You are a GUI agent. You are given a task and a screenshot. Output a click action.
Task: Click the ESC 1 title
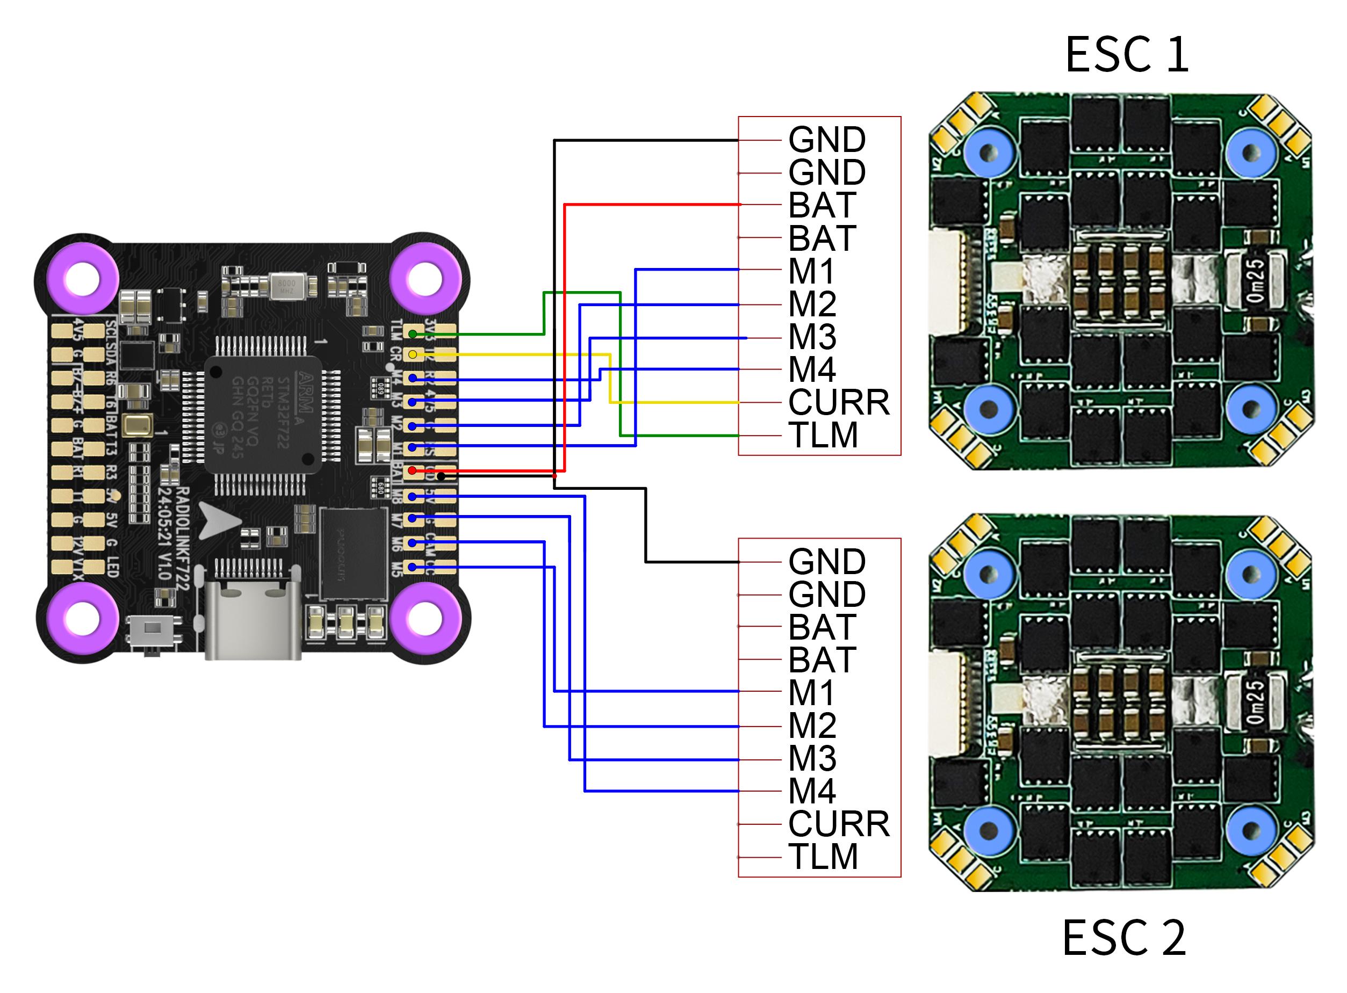(1127, 55)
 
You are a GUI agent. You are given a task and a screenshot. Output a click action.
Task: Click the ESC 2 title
(1124, 937)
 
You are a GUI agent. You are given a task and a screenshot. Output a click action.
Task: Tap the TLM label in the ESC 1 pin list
(823, 435)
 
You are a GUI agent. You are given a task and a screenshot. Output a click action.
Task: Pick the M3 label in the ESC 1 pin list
(812, 337)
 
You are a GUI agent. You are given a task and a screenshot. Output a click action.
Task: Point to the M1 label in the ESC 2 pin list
(812, 692)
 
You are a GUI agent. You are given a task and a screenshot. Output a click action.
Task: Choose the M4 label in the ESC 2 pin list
(812, 791)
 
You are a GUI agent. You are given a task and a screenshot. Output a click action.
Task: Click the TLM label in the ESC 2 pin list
(823, 857)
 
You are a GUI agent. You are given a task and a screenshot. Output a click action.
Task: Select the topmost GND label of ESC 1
(827, 140)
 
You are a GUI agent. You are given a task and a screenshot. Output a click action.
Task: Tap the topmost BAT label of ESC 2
(822, 627)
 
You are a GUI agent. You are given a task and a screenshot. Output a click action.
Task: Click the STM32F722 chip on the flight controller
(262, 414)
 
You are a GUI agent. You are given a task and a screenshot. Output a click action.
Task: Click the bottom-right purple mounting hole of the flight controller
(426, 619)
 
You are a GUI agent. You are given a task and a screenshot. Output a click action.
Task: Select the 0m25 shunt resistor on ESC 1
(1256, 281)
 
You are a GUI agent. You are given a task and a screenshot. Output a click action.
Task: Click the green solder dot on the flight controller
(413, 334)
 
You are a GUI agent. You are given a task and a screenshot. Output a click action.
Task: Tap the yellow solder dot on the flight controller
(413, 354)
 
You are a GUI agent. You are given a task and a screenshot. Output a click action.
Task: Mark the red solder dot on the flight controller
(413, 470)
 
